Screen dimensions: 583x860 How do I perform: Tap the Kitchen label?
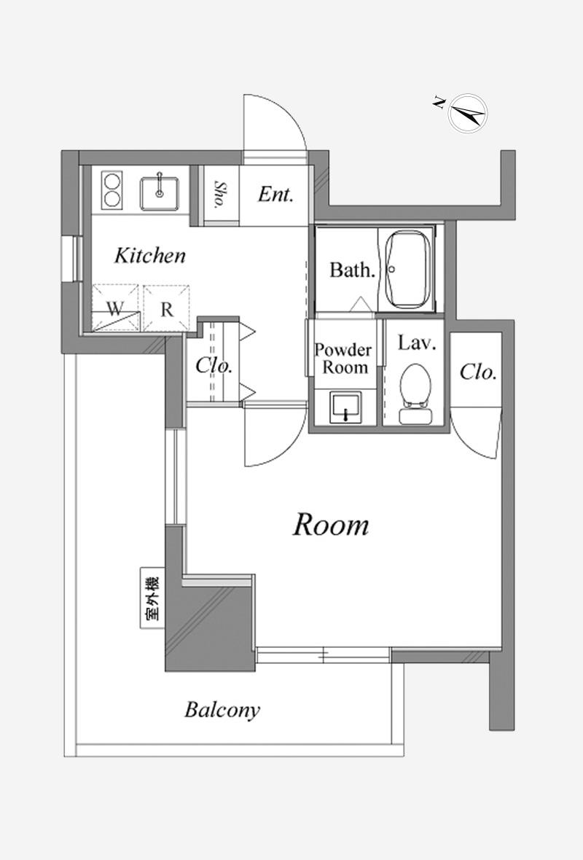(x=149, y=255)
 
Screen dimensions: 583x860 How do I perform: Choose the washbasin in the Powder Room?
(x=345, y=407)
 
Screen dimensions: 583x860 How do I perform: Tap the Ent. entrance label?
(x=275, y=194)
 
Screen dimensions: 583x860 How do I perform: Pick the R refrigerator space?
(x=166, y=308)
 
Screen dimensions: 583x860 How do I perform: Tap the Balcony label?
(x=222, y=710)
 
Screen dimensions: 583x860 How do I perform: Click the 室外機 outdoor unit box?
(x=152, y=598)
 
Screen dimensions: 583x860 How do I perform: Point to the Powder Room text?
(x=343, y=358)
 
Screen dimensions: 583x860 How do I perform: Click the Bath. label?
(x=352, y=270)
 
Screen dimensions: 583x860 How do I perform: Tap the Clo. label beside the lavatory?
(x=478, y=372)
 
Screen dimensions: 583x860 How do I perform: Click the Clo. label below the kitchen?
(x=214, y=366)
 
